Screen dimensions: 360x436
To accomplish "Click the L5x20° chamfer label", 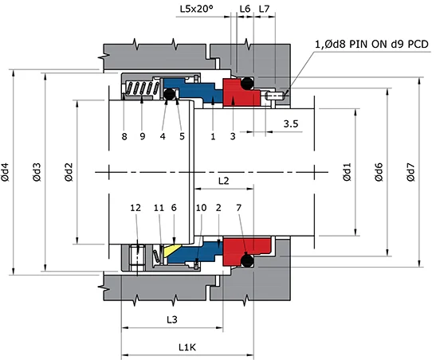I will [x=195, y=9].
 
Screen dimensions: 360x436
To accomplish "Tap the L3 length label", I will [x=171, y=319].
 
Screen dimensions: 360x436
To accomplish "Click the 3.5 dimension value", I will [x=292, y=124].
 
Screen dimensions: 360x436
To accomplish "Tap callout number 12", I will [x=136, y=208].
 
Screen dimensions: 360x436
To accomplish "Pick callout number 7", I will [x=240, y=208].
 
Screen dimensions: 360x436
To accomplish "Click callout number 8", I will [x=124, y=136].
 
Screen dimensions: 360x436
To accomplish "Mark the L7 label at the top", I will [x=265, y=9].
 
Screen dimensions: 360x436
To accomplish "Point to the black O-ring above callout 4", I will [x=168, y=95].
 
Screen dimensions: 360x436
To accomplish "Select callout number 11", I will [x=159, y=208].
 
